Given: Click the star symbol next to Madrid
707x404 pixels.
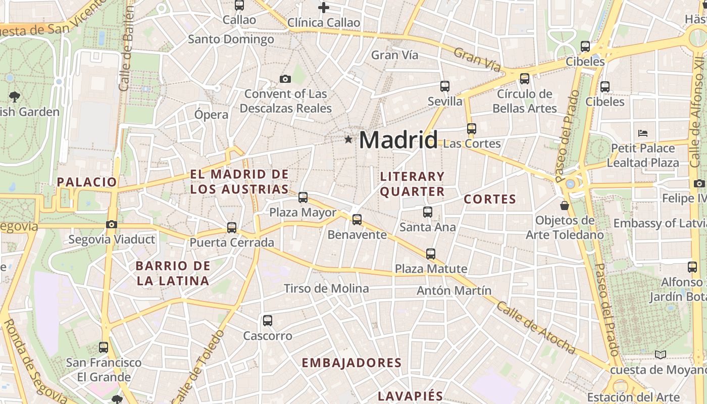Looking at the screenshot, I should click(x=348, y=139).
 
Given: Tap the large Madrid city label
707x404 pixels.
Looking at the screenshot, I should click(x=398, y=140).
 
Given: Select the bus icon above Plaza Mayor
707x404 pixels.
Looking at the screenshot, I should click(x=303, y=197).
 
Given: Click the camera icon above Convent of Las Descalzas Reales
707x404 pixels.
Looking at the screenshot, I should click(x=285, y=79).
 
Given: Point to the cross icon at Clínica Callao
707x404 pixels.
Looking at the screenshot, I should click(x=324, y=8).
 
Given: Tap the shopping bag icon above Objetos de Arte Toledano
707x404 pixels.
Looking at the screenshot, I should click(x=565, y=206).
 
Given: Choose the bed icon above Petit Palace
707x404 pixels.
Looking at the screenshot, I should click(x=643, y=133).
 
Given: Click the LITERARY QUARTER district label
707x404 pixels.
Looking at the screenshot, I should click(x=412, y=184).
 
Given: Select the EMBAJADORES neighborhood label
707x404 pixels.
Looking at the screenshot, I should click(x=351, y=363).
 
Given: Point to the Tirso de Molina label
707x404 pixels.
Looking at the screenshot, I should click(x=326, y=288).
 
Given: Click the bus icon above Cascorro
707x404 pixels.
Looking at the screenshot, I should click(x=268, y=320).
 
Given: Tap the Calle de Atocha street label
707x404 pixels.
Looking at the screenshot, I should click(x=536, y=328).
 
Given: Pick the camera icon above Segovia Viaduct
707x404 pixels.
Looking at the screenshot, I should click(x=112, y=224).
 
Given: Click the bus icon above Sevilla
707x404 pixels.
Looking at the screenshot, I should click(x=445, y=86).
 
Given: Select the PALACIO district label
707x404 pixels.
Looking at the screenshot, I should click(x=87, y=182).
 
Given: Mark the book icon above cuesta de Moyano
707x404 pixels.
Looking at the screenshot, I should click(x=660, y=355).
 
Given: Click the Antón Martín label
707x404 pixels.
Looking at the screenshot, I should click(x=453, y=290).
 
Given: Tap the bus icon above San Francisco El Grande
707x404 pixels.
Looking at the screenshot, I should click(x=104, y=347).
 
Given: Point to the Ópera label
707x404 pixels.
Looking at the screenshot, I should click(x=212, y=115).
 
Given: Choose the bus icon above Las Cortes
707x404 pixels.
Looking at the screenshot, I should click(x=472, y=129).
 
